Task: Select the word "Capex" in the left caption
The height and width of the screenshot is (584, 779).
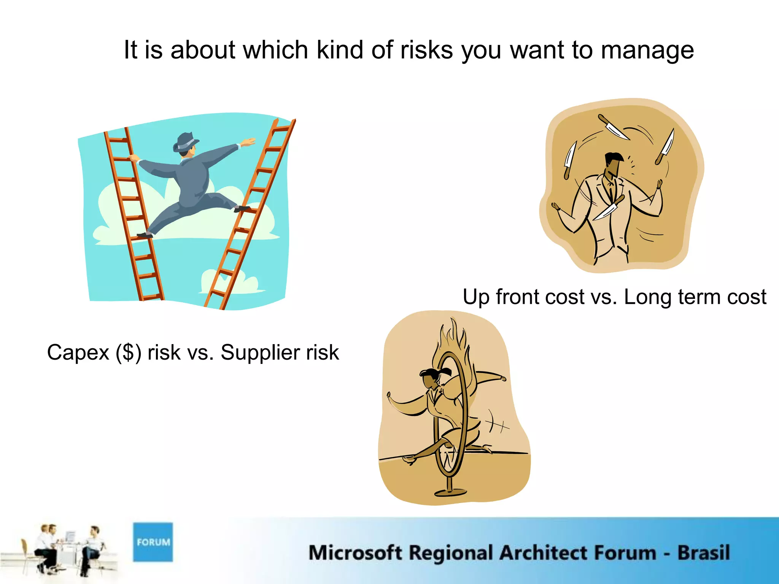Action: pyautogui.click(x=78, y=352)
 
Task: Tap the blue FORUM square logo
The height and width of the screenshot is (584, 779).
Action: pyautogui.click(x=153, y=542)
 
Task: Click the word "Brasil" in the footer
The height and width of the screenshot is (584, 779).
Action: pyautogui.click(x=703, y=553)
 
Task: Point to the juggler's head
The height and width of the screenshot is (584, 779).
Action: pyautogui.click(x=613, y=163)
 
